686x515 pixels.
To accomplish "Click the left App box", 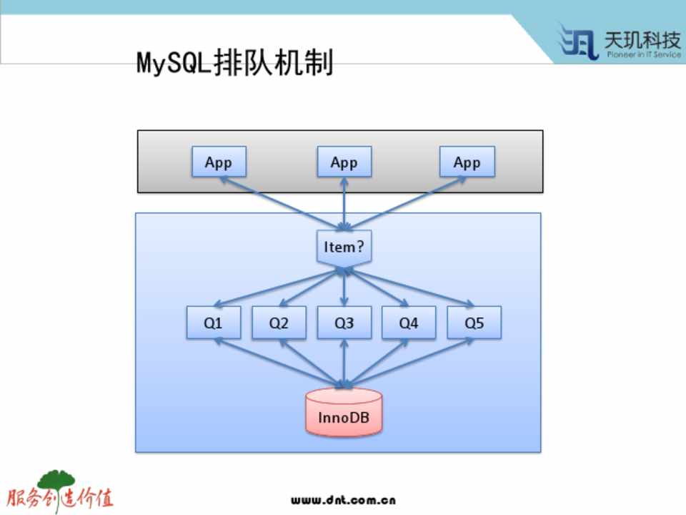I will pos(219,162).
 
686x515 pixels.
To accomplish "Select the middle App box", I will pos(344,162).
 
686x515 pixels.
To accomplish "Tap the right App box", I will pos(467,162).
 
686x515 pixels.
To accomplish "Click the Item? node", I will pos(344,247).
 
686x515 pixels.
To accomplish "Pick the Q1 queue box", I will pos(213,323).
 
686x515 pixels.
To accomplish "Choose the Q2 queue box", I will pos(279,323).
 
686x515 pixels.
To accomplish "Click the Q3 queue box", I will pos(344,323).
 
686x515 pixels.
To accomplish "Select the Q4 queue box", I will pos(409,323).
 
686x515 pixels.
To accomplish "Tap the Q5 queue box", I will pos(474,323).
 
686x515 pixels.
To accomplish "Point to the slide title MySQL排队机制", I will pos(234,63).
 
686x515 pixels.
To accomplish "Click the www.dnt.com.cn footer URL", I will pos(343,500).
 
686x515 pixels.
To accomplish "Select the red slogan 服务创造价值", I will pos(60,499).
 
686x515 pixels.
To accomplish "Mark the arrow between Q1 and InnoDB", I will pos(279,364).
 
